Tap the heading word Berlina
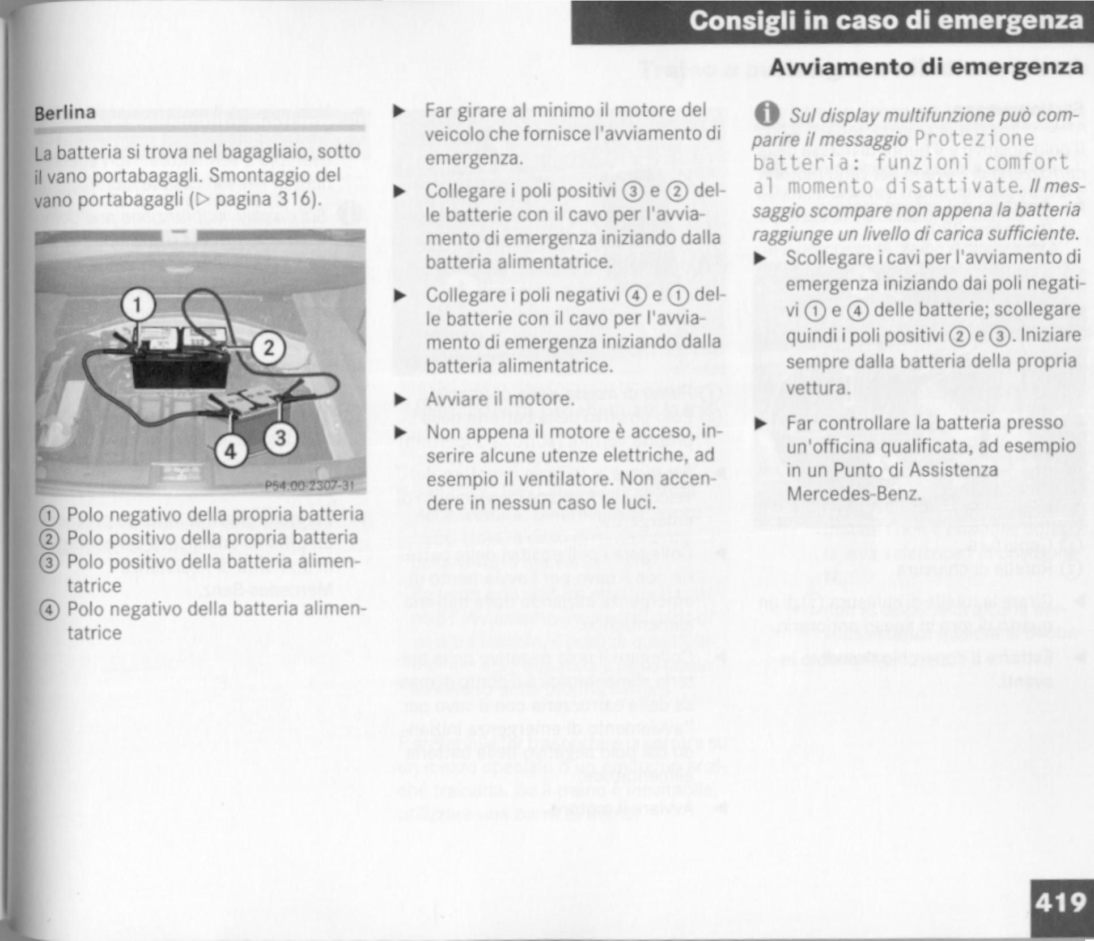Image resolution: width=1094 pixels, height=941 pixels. pyautogui.click(x=65, y=113)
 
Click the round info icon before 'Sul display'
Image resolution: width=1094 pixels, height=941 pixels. pyautogui.click(x=766, y=115)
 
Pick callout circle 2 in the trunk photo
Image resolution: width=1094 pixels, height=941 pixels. pyautogui.click(x=269, y=347)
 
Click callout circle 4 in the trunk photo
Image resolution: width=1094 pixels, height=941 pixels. pyautogui.click(x=231, y=452)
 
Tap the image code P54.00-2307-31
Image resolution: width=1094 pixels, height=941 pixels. pyautogui.click(x=309, y=486)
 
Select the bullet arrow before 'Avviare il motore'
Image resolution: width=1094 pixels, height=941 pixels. pyautogui.click(x=400, y=400)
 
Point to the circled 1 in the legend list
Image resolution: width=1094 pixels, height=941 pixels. pyautogui.click(x=49, y=515)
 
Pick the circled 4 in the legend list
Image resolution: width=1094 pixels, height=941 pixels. pyautogui.click(x=49, y=610)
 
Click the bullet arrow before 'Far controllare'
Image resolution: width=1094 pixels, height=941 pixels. pyautogui.click(x=760, y=423)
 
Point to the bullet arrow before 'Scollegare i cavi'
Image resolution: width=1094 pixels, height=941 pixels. pyautogui.click(x=760, y=258)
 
